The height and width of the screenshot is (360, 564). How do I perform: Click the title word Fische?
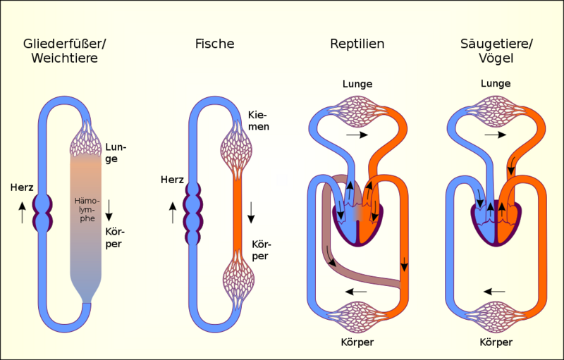[215, 44]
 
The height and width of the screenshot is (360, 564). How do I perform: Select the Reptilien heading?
[357, 44]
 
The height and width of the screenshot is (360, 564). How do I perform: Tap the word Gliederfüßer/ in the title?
[65, 44]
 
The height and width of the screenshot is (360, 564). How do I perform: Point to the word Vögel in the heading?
[496, 58]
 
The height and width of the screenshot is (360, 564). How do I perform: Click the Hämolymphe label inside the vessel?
[87, 209]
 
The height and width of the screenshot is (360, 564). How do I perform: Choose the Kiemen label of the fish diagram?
[259, 120]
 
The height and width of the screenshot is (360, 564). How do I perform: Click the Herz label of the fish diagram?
[172, 179]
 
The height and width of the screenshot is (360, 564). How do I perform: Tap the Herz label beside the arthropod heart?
[22, 187]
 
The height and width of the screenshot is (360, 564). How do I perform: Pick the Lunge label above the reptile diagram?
[357, 84]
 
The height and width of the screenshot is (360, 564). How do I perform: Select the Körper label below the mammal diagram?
[496, 342]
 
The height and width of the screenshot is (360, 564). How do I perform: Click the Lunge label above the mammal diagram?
[496, 84]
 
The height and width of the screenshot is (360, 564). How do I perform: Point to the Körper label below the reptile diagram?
[357, 342]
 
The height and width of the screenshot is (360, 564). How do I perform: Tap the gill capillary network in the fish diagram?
[236, 150]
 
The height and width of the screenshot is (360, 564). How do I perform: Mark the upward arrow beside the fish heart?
[173, 213]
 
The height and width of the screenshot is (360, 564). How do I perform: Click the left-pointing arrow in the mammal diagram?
[494, 292]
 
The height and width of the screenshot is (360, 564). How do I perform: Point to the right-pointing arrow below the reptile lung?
[357, 135]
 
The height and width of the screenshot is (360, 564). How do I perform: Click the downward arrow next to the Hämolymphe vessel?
[109, 210]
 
